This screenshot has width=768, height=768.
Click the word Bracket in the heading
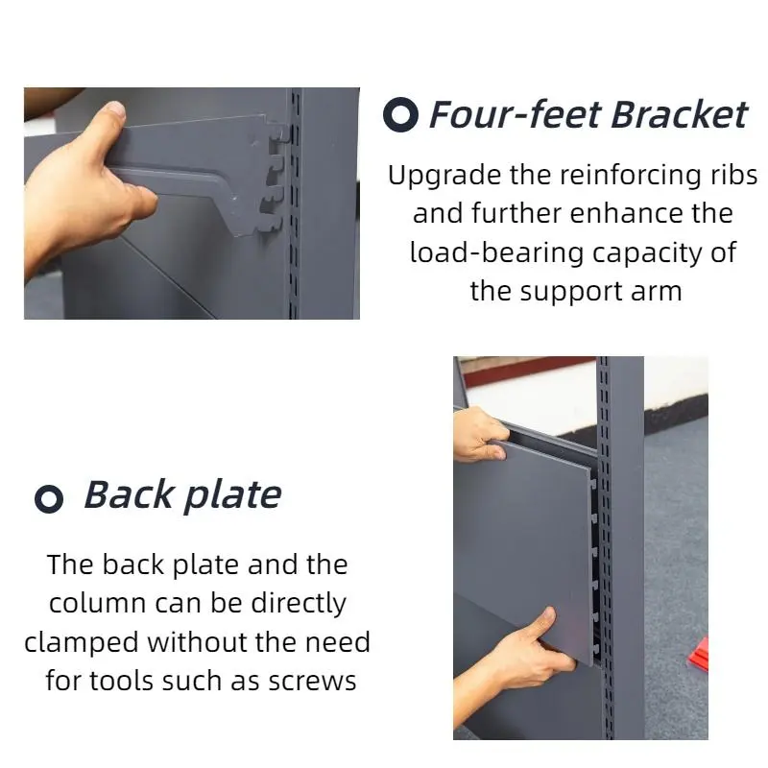(x=679, y=114)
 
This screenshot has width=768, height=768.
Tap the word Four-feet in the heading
(x=515, y=114)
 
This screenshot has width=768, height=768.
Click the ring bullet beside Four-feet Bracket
(x=400, y=114)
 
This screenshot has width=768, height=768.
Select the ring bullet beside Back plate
(x=49, y=498)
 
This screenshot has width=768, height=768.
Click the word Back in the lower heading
(x=129, y=494)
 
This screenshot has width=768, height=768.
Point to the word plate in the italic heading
(x=232, y=496)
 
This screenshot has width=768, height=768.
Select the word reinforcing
(x=631, y=176)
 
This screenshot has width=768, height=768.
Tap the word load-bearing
(x=496, y=253)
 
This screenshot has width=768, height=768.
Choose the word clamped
(x=82, y=643)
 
